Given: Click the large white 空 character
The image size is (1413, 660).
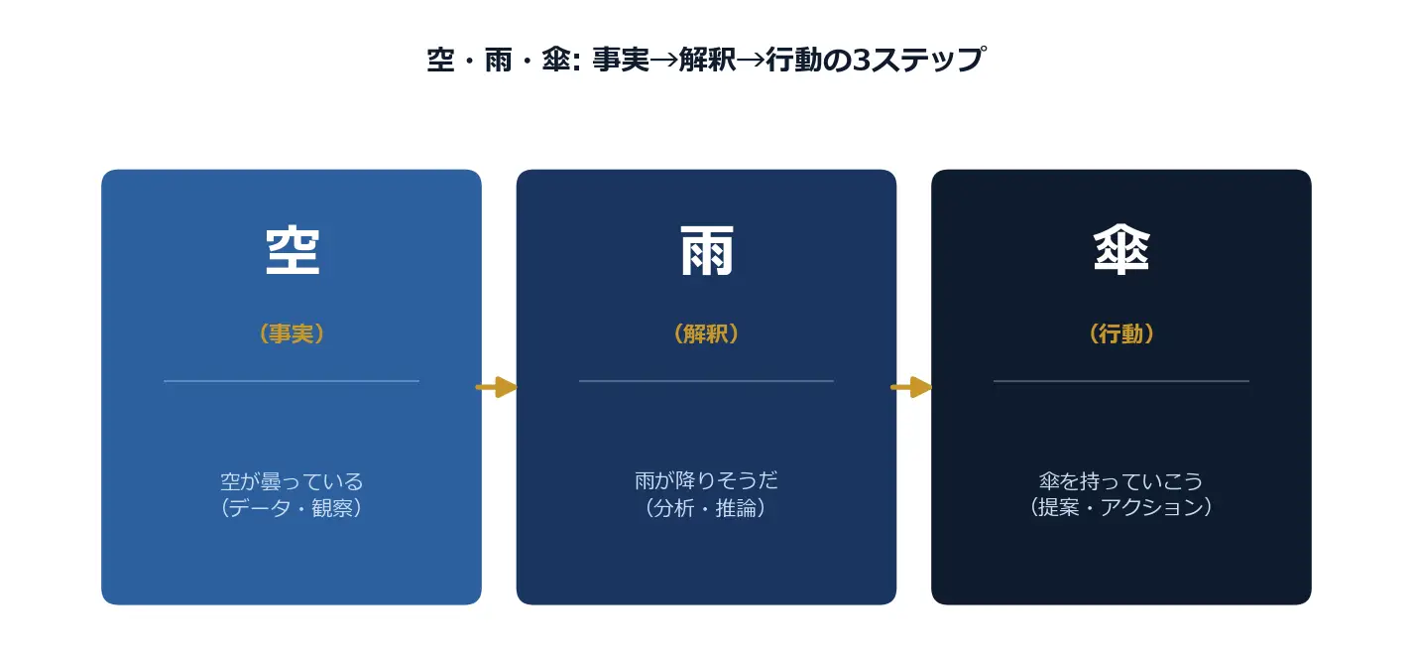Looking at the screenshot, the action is (x=293, y=251).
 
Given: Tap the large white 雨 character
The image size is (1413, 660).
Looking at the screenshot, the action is (x=706, y=251).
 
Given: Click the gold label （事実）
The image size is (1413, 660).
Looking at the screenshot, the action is (x=292, y=333).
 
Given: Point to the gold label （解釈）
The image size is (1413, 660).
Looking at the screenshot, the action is (x=706, y=333).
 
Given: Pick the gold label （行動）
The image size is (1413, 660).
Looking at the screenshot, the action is (x=1121, y=333).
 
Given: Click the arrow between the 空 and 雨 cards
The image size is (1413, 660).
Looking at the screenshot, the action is (x=497, y=386).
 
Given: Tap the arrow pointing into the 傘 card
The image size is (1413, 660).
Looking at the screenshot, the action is (x=911, y=386).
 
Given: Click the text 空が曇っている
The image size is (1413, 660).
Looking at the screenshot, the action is (x=292, y=481).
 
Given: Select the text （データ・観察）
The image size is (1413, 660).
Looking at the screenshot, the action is (x=292, y=508).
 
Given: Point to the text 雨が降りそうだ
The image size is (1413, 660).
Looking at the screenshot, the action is (x=706, y=480).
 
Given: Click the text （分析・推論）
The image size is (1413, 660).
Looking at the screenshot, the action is (x=706, y=508).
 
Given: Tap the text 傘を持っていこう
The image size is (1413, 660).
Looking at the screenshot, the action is (x=1121, y=481).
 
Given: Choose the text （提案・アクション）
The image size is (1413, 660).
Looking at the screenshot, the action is (x=1121, y=507).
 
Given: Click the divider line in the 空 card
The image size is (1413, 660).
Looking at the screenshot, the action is (x=292, y=381).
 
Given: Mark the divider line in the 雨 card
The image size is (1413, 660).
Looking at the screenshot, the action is (x=706, y=381).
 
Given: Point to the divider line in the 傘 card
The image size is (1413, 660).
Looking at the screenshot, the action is (x=1121, y=381).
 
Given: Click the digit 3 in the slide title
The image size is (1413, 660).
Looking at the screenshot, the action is (x=862, y=61).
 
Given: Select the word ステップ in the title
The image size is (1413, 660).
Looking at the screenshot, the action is (x=928, y=60).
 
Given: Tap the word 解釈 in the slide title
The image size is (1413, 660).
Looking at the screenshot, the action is (x=708, y=60).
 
